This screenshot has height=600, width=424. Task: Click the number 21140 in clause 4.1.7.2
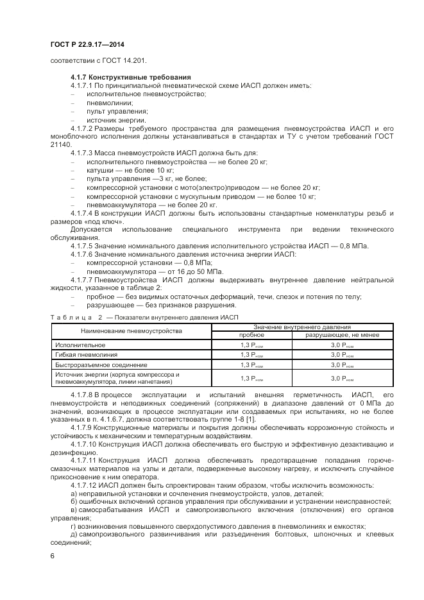pos(61,144)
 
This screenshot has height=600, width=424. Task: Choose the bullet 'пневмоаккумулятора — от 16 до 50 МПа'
pos(152,271)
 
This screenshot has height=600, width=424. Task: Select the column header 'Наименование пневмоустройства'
pos(131,330)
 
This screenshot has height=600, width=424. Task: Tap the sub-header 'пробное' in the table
pos(251,335)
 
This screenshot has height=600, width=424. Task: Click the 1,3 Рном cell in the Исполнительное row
pos(251,345)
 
